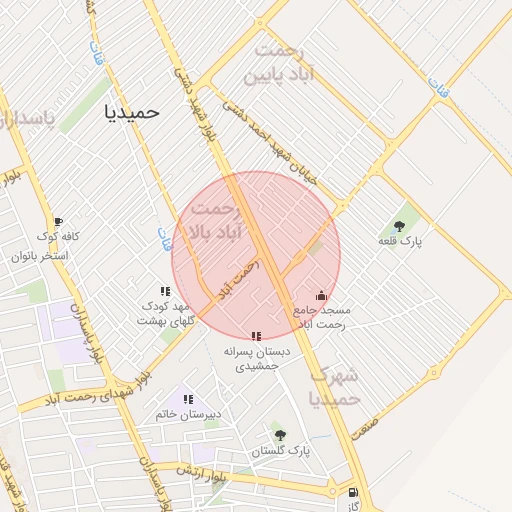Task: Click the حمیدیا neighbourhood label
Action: coord(132,112)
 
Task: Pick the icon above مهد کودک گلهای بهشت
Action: coord(166,290)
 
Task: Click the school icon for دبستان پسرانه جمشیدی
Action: coord(256,336)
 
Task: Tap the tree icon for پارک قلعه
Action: coord(400,226)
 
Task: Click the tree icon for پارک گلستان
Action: coord(279,435)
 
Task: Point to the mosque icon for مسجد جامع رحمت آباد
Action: coord(320,295)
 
